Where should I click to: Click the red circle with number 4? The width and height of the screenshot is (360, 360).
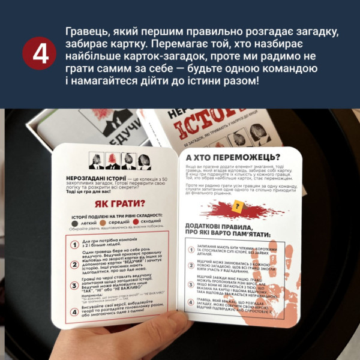[x=41, y=53]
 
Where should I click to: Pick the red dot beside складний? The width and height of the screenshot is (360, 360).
[x=137, y=222]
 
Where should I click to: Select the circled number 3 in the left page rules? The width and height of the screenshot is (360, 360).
[x=74, y=285]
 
